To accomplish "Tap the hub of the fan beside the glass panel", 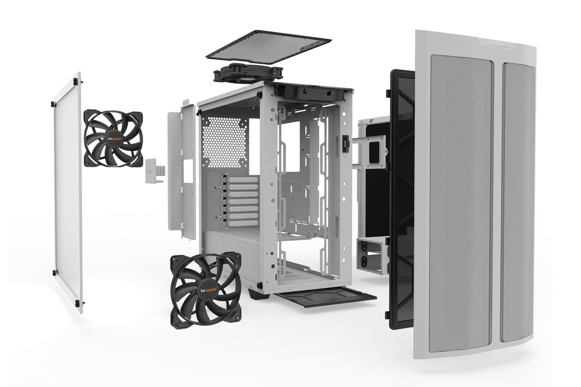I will click(113, 138).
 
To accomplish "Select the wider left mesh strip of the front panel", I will click(460, 203).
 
